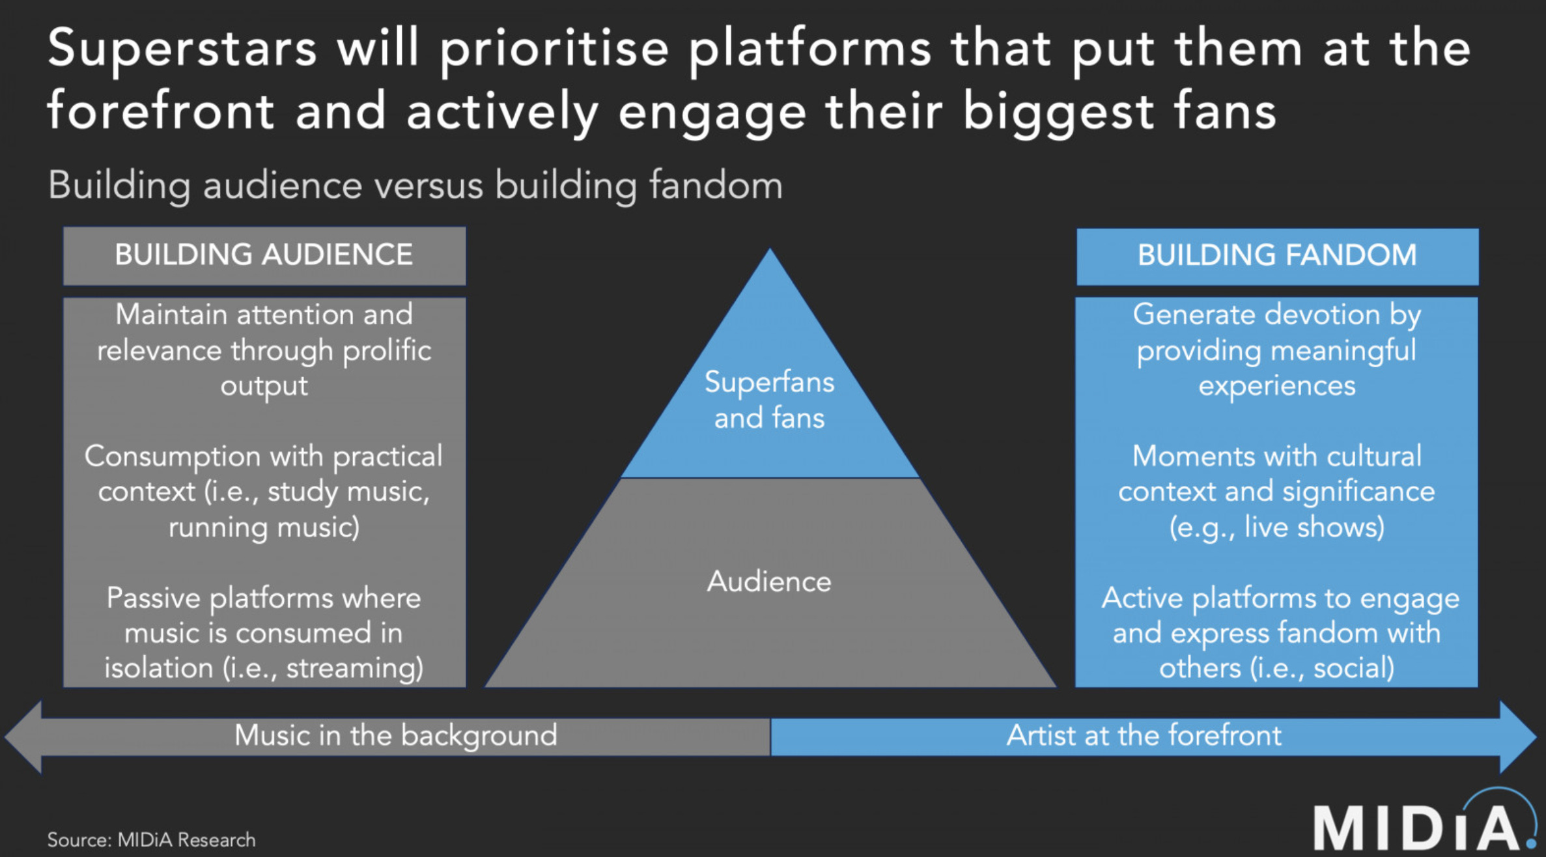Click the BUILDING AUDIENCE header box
click(x=264, y=255)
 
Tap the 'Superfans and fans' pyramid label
click(x=769, y=400)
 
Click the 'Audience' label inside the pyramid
click(x=769, y=582)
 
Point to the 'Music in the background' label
click(x=396, y=736)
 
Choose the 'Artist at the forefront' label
click(x=1144, y=736)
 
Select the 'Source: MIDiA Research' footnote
click(x=151, y=840)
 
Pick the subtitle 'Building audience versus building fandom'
click(x=415, y=186)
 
